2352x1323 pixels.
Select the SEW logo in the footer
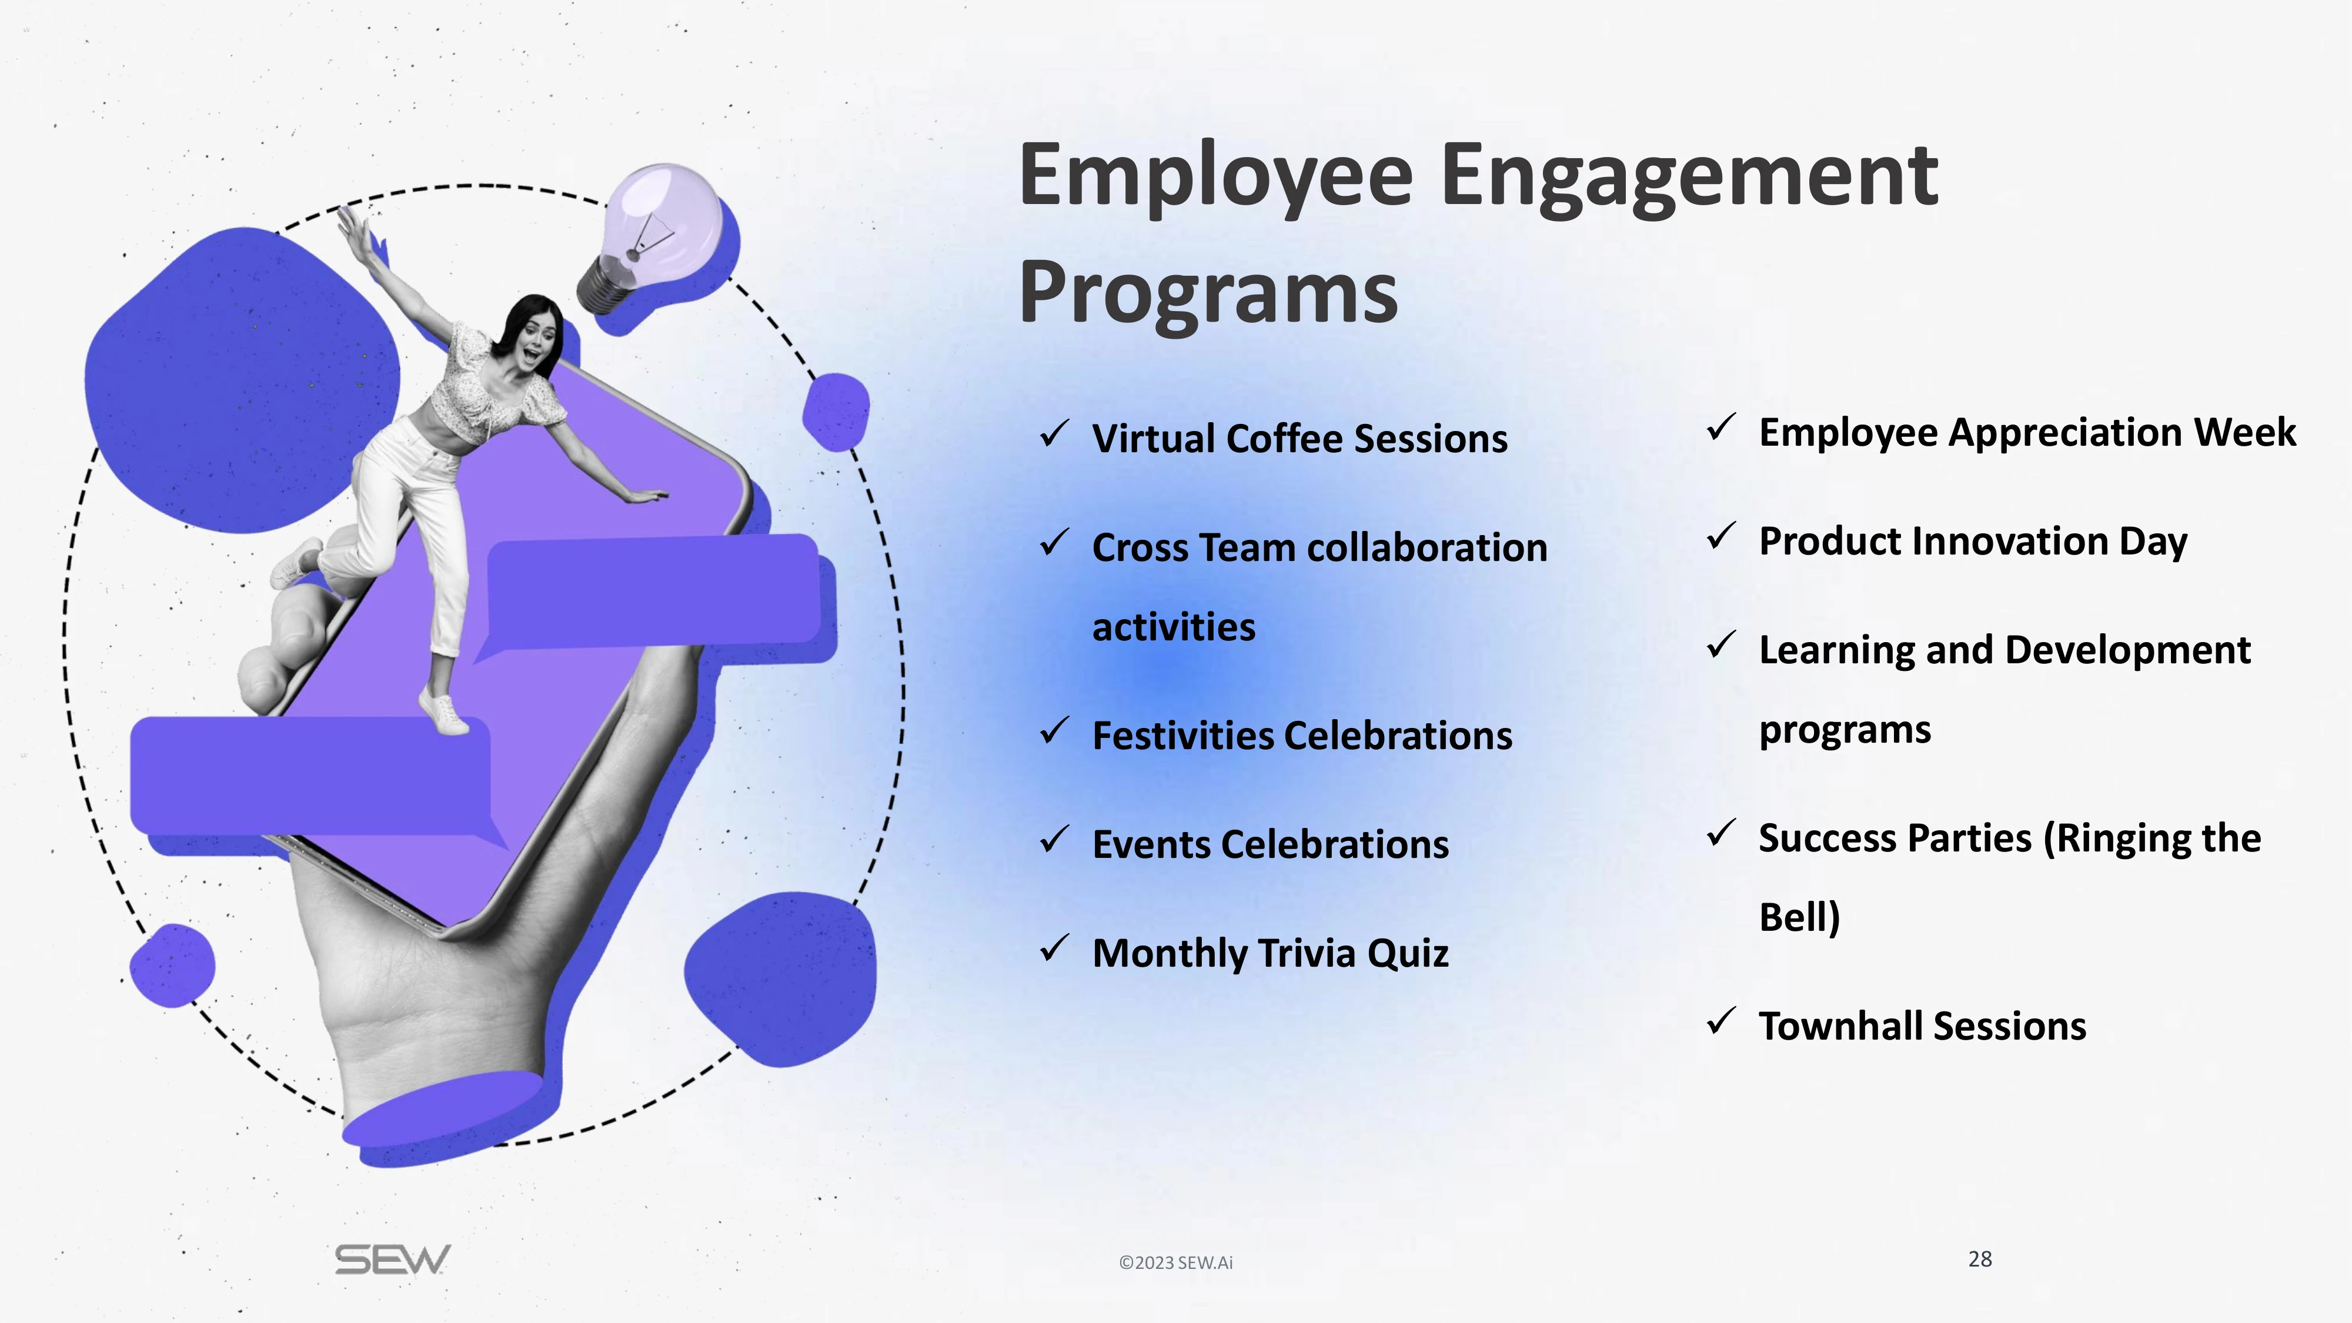tap(393, 1260)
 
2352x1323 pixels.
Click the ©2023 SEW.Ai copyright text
tap(1176, 1263)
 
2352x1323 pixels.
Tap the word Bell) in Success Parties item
tap(1799, 918)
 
